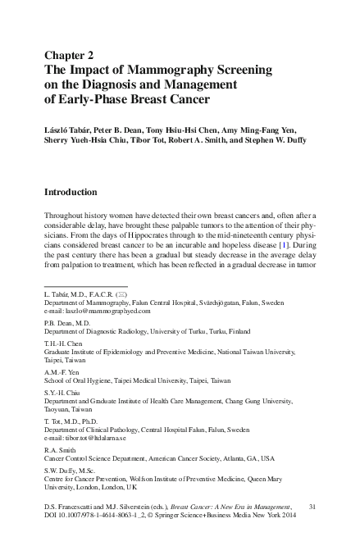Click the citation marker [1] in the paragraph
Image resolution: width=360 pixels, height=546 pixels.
tap(281, 244)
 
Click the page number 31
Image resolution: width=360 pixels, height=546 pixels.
tap(312, 508)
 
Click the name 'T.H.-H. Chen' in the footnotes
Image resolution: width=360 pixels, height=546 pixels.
tap(66, 345)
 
